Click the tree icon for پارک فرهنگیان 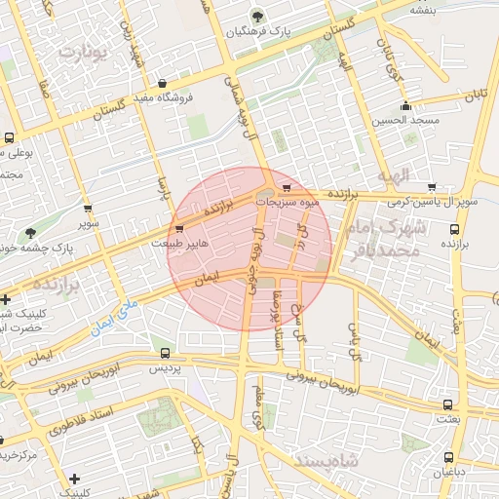pos(257,16)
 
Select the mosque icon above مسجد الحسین pos(405,106)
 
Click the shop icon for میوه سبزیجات pos(286,188)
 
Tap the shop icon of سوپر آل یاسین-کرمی pos(431,188)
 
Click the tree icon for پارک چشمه pos(31,233)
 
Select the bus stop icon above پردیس pos(165,353)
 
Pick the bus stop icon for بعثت pos(447,403)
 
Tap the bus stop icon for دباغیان pos(448,457)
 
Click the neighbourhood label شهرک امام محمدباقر pos(415,239)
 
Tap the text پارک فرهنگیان pos(231,31)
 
